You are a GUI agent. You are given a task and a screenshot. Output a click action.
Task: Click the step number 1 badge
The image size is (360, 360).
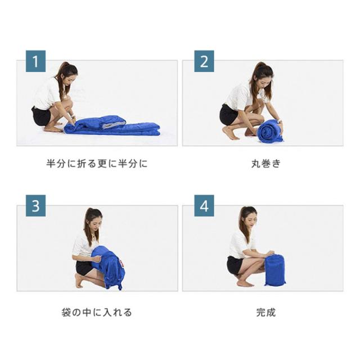[35, 61]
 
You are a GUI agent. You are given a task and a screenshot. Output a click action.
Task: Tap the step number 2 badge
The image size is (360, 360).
[204, 61]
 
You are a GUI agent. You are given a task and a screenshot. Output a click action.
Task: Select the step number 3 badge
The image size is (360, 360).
[35, 206]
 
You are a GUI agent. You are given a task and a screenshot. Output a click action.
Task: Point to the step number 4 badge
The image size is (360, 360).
[204, 206]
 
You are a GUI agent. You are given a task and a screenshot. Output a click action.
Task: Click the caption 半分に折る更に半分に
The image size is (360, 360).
[97, 164]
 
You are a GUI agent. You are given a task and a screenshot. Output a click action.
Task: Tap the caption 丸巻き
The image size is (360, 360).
[266, 164]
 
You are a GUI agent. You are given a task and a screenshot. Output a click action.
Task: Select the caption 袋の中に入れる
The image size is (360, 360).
[97, 312]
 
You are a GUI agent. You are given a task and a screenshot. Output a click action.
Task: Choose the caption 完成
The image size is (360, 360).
[266, 312]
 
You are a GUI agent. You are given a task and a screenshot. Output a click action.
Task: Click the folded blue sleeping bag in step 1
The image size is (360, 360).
[112, 126]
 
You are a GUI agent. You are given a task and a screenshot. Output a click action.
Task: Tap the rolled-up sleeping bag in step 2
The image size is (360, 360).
[270, 131]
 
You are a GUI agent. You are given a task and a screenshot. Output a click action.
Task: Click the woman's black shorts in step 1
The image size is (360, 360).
[41, 116]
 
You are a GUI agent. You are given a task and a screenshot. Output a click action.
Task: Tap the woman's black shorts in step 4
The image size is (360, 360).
[235, 265]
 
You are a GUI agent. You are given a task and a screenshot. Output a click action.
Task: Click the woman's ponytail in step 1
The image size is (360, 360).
[60, 78]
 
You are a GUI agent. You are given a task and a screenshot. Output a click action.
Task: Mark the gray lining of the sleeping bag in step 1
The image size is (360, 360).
[113, 125]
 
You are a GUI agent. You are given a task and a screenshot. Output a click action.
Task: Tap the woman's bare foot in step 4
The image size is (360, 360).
[245, 284]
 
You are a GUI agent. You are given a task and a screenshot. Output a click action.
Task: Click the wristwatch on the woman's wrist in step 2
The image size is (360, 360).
[280, 122]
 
